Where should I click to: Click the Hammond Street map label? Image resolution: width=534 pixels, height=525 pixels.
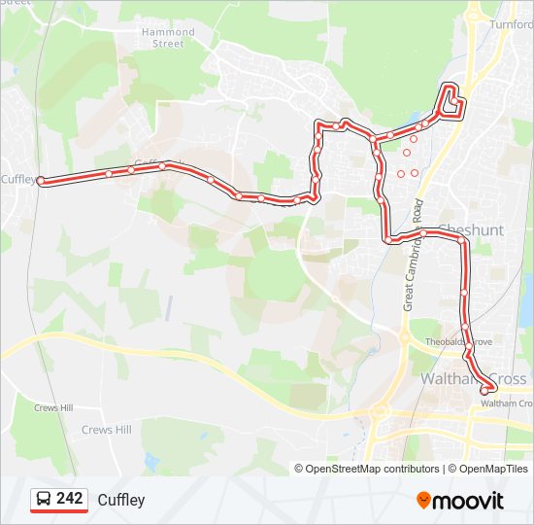pyautogui.click(x=168, y=38)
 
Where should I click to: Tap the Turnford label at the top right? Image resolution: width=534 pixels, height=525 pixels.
pyautogui.click(x=512, y=24)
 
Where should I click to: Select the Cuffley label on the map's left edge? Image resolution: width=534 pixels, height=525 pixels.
pyautogui.click(x=17, y=179)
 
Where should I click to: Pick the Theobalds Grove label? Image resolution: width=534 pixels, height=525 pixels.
pyautogui.click(x=460, y=341)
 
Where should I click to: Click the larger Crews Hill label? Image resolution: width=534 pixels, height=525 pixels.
pyautogui.click(x=106, y=430)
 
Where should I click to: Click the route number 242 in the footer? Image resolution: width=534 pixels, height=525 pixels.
pyautogui.click(x=69, y=499)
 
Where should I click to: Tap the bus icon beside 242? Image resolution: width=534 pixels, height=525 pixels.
pyautogui.click(x=44, y=500)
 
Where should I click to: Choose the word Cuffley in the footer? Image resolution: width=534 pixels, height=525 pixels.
pyautogui.click(x=121, y=500)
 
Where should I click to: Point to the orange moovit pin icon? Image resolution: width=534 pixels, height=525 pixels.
pyautogui.click(x=424, y=501)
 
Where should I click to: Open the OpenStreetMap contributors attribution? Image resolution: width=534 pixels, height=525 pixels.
pyautogui.click(x=366, y=469)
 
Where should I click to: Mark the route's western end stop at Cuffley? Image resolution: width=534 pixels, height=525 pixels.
pyautogui.click(x=41, y=180)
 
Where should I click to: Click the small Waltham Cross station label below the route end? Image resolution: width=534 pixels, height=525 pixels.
pyautogui.click(x=506, y=402)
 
